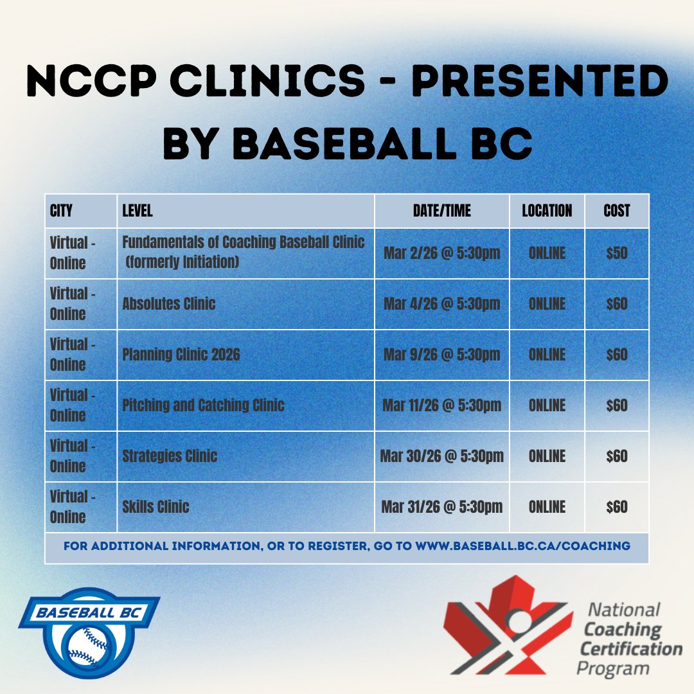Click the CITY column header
[x=61, y=211]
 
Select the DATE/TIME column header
[x=441, y=211]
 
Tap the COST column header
[x=617, y=211]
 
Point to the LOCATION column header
[x=547, y=211]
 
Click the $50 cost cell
[x=617, y=253]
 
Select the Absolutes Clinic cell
[x=169, y=304]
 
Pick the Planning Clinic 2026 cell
[x=181, y=355]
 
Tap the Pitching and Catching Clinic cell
[x=203, y=405]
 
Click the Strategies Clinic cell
[x=170, y=456]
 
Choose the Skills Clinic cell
[x=156, y=506]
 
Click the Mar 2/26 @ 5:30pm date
[x=441, y=253]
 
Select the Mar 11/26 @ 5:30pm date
[x=441, y=405]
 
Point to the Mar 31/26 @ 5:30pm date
[x=441, y=507]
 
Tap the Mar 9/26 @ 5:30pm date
[x=441, y=355]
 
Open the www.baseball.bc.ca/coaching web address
[x=522, y=546]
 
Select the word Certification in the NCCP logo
[x=631, y=648]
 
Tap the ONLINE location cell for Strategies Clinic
[x=547, y=456]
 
